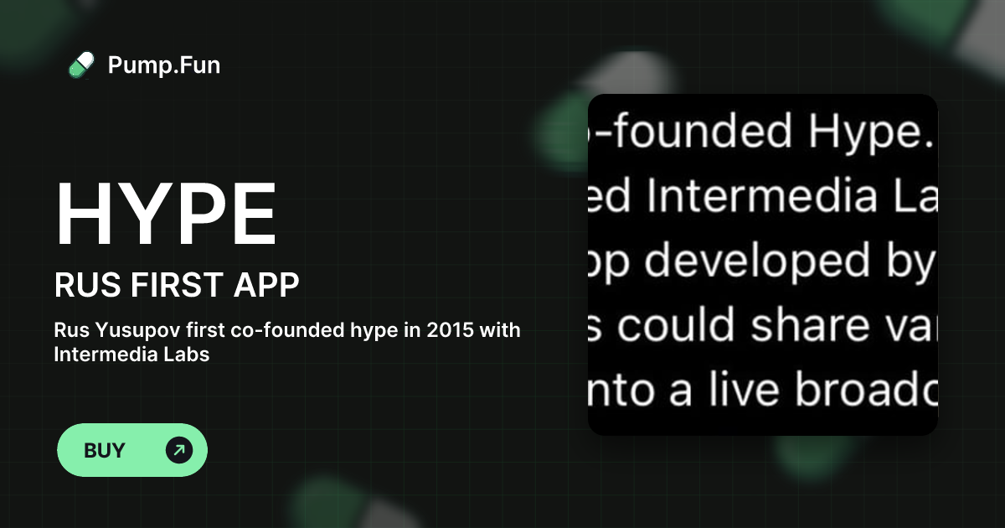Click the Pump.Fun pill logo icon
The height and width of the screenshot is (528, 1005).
81,65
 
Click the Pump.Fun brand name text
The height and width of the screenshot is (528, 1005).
164,65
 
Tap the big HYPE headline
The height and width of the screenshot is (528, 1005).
165,214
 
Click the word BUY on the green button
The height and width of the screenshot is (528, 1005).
105,450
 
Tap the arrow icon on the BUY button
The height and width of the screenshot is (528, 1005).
178,450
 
